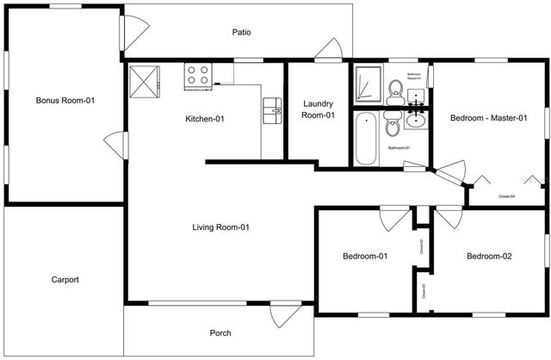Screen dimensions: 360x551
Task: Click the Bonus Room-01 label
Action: click(x=65, y=101)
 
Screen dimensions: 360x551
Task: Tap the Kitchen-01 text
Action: click(x=205, y=119)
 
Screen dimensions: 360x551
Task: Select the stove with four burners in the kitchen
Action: click(x=197, y=75)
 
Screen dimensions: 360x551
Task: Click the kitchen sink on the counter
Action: click(x=273, y=108)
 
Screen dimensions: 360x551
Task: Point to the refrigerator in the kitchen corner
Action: click(x=144, y=81)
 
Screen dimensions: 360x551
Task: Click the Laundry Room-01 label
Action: click(x=318, y=109)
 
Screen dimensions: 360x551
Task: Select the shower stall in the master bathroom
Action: click(x=368, y=83)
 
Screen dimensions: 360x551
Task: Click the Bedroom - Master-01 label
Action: click(x=488, y=118)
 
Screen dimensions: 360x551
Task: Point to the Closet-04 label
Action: click(x=507, y=196)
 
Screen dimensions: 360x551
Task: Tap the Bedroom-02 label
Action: click(x=489, y=256)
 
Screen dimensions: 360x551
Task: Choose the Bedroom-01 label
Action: click(x=365, y=256)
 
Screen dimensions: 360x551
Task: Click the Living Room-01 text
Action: click(x=220, y=227)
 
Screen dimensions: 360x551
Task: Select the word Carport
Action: click(x=65, y=279)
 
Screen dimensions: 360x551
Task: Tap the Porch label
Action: click(x=220, y=332)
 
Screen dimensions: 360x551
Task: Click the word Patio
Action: click(x=241, y=33)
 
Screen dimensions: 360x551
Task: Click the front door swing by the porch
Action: click(x=282, y=314)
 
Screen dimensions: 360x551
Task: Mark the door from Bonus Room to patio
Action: click(x=134, y=31)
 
